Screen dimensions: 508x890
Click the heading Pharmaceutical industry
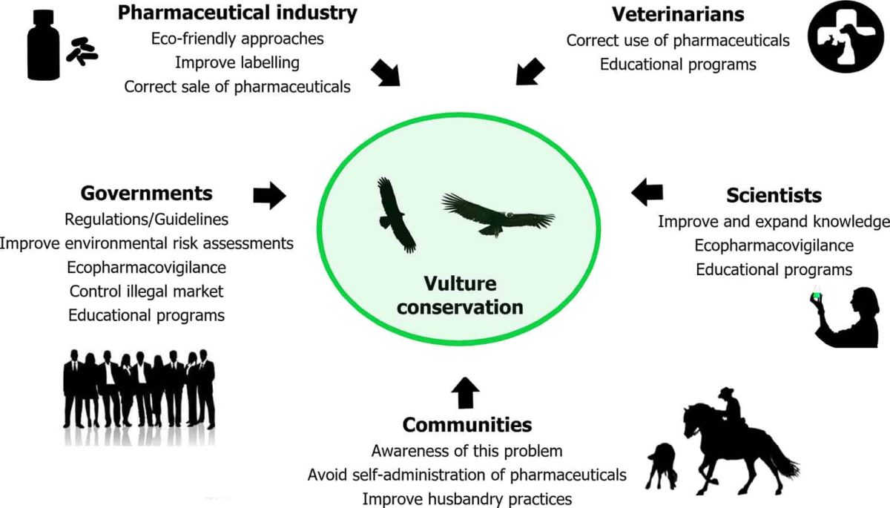click(237, 13)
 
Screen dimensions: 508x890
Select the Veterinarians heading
click(678, 15)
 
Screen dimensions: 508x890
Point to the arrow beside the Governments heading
click(269, 195)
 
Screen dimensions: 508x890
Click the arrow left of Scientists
click(647, 193)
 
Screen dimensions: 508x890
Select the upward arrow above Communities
click(465, 393)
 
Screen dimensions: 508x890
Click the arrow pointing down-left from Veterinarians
click(528, 72)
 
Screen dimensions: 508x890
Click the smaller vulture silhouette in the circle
click(395, 214)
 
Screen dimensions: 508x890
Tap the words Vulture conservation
click(459, 296)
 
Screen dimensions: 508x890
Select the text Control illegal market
click(145, 291)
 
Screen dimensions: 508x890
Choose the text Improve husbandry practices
click(467, 497)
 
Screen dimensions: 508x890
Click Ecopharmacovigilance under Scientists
click(774, 245)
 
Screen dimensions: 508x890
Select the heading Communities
click(467, 425)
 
